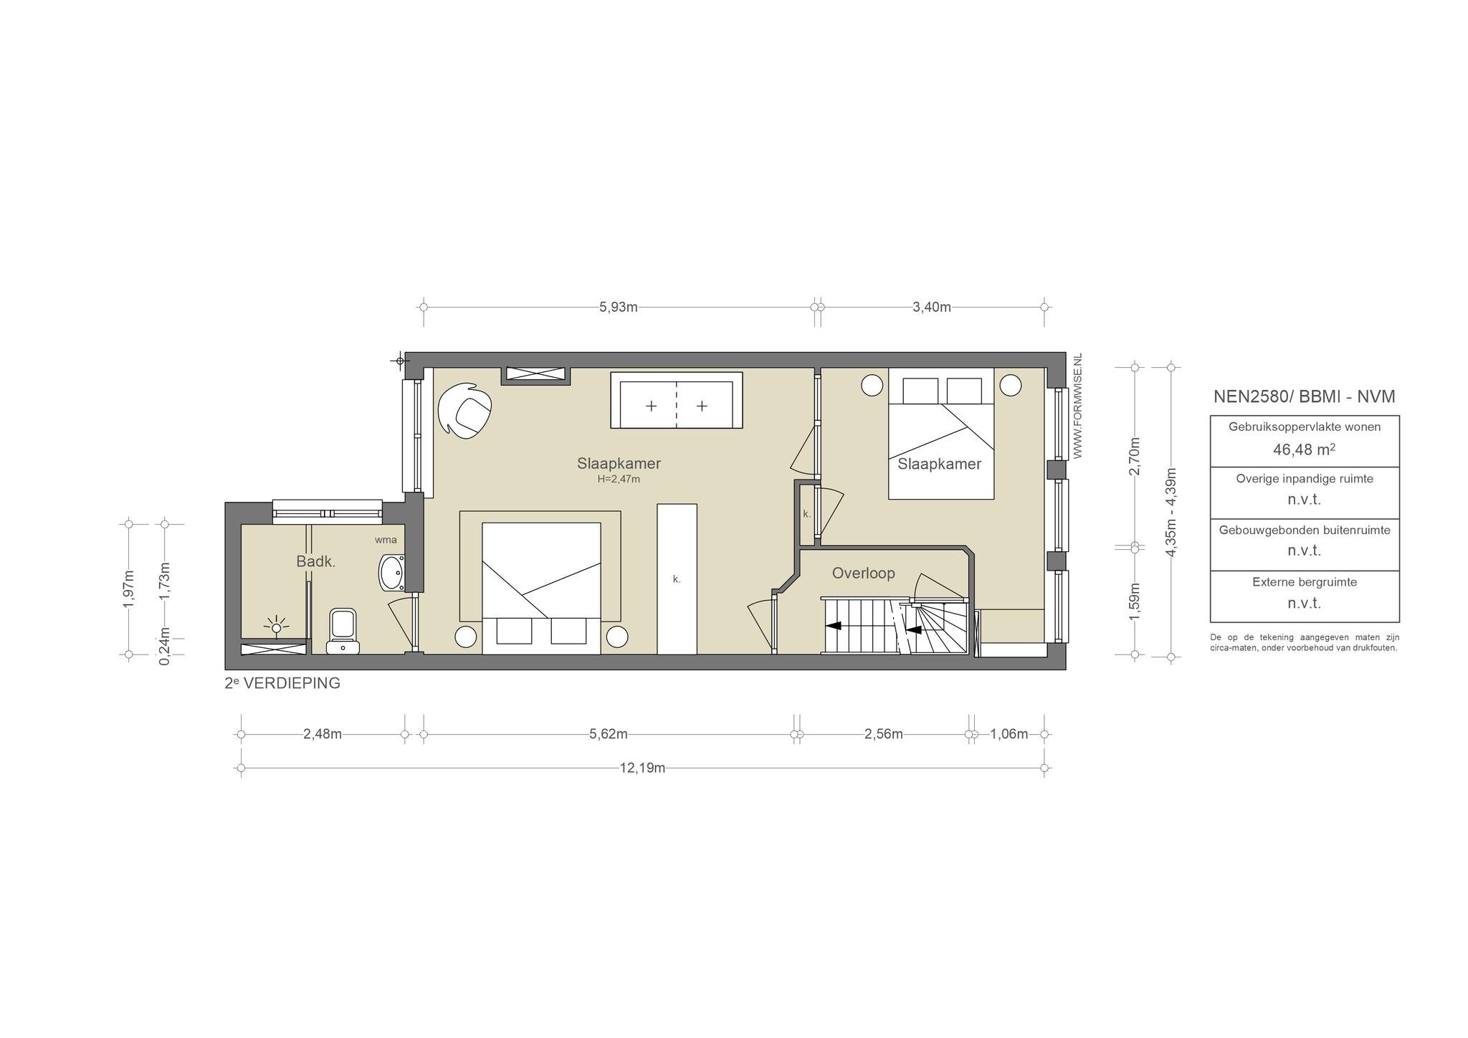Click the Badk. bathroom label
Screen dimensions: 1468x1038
(316, 561)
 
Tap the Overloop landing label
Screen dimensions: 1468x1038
(863, 573)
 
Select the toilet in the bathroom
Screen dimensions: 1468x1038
(343, 631)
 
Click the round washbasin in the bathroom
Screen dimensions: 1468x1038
(392, 572)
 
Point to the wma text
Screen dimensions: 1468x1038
(386, 540)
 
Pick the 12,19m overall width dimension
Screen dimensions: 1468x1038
(642, 768)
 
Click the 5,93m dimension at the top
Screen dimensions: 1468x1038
(619, 308)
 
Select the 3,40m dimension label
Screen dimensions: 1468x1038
(932, 308)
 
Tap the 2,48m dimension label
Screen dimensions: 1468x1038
(323, 734)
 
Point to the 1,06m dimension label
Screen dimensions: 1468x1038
(1009, 734)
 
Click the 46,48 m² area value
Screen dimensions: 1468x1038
(1305, 449)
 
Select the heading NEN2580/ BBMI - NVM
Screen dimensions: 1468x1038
(1305, 396)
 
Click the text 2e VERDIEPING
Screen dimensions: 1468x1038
(282, 683)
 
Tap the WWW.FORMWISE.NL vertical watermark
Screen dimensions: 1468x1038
(1077, 406)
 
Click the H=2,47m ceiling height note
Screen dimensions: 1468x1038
(619, 479)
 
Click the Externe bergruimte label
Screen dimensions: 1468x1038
(1305, 582)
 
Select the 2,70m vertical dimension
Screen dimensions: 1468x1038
(1134, 456)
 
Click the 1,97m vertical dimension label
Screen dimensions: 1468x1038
(129, 589)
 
